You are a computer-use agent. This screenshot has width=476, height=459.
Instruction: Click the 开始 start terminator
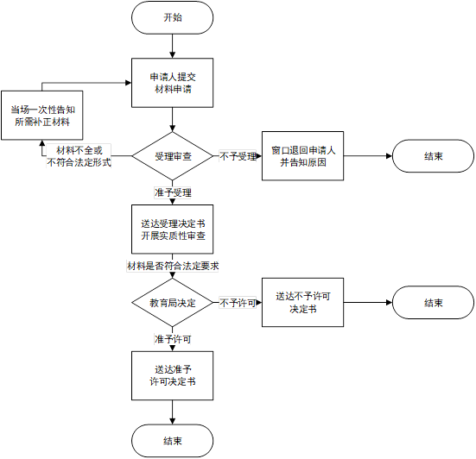(172, 17)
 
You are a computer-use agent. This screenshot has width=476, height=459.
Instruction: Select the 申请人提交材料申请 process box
(172, 83)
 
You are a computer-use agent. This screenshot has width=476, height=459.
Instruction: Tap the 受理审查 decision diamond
(172, 156)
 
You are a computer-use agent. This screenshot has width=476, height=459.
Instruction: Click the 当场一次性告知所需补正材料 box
(41, 116)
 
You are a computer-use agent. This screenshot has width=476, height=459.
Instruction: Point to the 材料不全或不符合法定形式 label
(79, 156)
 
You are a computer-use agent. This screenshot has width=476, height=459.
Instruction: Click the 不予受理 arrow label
(238, 156)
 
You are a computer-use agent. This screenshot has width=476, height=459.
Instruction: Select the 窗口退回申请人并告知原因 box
(302, 156)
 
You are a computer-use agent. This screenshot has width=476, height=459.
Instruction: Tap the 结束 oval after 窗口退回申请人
(433, 156)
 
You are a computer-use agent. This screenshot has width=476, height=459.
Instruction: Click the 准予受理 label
(173, 192)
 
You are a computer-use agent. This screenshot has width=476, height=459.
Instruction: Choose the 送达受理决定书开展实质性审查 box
(172, 229)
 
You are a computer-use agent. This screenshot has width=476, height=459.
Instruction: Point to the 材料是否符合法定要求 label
(173, 266)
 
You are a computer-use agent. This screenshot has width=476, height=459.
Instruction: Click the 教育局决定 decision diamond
(172, 303)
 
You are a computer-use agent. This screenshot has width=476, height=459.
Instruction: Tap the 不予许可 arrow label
(238, 303)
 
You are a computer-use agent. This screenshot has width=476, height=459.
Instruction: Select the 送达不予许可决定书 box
(302, 302)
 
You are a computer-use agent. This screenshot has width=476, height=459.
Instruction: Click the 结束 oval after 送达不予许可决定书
(433, 303)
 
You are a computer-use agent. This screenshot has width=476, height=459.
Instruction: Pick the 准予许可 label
(173, 339)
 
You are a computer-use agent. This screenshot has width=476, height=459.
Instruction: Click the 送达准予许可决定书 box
(172, 375)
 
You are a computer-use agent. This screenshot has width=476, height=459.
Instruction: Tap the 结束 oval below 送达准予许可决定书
(172, 441)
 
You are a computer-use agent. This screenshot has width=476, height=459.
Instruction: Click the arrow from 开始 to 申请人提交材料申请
(172, 46)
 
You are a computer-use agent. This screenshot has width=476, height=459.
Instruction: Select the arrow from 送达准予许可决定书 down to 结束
(172, 412)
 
